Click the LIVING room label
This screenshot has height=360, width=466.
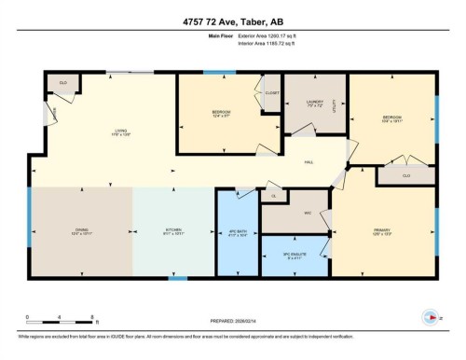tap(120, 132)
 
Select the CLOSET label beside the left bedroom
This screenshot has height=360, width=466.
tap(271, 93)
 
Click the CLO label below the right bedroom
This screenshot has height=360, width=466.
tap(407, 175)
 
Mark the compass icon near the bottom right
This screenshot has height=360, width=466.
tap(431, 315)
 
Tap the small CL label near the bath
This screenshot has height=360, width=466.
tap(273, 197)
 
